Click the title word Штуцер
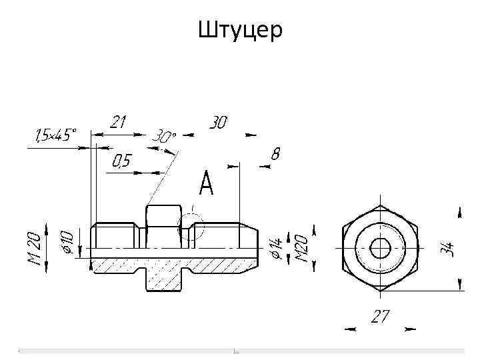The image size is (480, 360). (x=240, y=29)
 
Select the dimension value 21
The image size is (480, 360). (x=118, y=122)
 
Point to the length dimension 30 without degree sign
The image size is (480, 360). (x=218, y=123)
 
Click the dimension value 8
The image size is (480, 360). (x=275, y=154)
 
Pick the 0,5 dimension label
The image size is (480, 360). (x=121, y=161)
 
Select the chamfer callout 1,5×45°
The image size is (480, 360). (x=52, y=135)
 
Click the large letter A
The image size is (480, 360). (x=206, y=183)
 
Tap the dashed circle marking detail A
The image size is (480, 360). (x=192, y=226)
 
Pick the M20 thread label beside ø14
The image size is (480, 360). (x=301, y=247)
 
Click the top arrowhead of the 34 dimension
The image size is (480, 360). (x=459, y=212)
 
